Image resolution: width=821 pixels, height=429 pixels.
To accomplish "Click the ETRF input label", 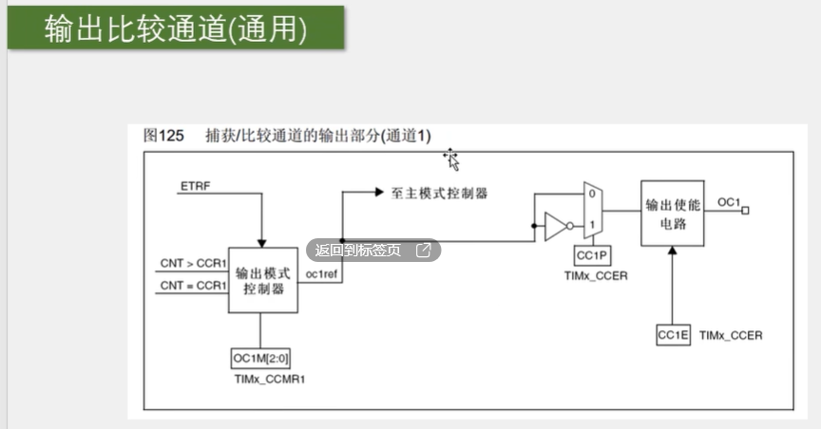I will tap(196, 185).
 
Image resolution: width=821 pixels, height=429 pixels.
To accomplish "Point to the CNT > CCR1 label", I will tap(193, 263).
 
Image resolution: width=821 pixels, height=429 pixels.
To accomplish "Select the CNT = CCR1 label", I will tap(193, 285).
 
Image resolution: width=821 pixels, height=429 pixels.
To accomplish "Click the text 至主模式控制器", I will tap(439, 193).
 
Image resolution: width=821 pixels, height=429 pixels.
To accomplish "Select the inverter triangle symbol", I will tap(555, 227).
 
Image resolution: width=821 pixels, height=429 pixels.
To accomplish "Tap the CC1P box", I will tap(593, 256).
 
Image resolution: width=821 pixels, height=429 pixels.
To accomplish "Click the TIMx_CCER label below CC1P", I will tap(596, 275).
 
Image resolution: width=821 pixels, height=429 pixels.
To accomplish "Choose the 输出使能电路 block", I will tap(673, 214).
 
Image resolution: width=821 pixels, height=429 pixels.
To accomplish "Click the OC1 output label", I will tap(729, 202).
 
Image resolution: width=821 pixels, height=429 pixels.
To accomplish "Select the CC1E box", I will tap(673, 335).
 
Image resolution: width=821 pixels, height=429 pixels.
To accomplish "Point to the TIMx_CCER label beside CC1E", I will tap(731, 336).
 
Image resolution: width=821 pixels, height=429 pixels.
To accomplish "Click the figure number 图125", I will tap(162, 136).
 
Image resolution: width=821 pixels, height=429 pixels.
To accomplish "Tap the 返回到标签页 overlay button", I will tap(372, 251).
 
